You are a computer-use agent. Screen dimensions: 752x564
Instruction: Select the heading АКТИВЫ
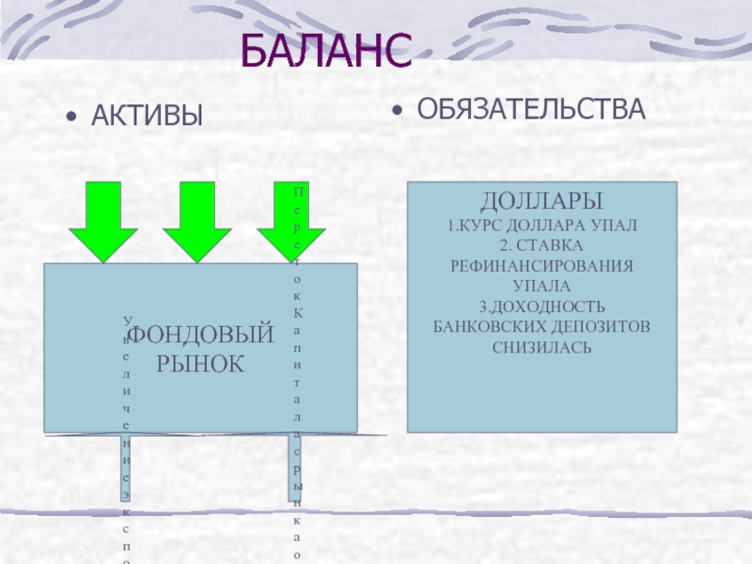(147, 117)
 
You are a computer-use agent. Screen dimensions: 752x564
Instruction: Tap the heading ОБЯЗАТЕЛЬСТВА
(531, 108)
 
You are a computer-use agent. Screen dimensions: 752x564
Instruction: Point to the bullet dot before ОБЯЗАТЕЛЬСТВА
(399, 111)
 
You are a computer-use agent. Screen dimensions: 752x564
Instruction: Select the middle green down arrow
(197, 220)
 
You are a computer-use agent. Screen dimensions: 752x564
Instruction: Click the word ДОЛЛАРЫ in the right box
(542, 201)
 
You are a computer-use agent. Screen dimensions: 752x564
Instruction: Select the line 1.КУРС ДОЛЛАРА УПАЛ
(542, 226)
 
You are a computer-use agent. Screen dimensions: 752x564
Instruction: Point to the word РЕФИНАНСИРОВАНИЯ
(542, 266)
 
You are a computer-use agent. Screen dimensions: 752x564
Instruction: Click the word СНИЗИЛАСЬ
(542, 347)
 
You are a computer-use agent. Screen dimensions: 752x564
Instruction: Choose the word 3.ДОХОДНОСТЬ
(542, 306)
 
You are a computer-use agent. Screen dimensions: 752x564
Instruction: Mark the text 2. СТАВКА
(542, 245)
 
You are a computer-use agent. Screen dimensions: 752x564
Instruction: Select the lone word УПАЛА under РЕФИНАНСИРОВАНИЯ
(542, 286)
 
